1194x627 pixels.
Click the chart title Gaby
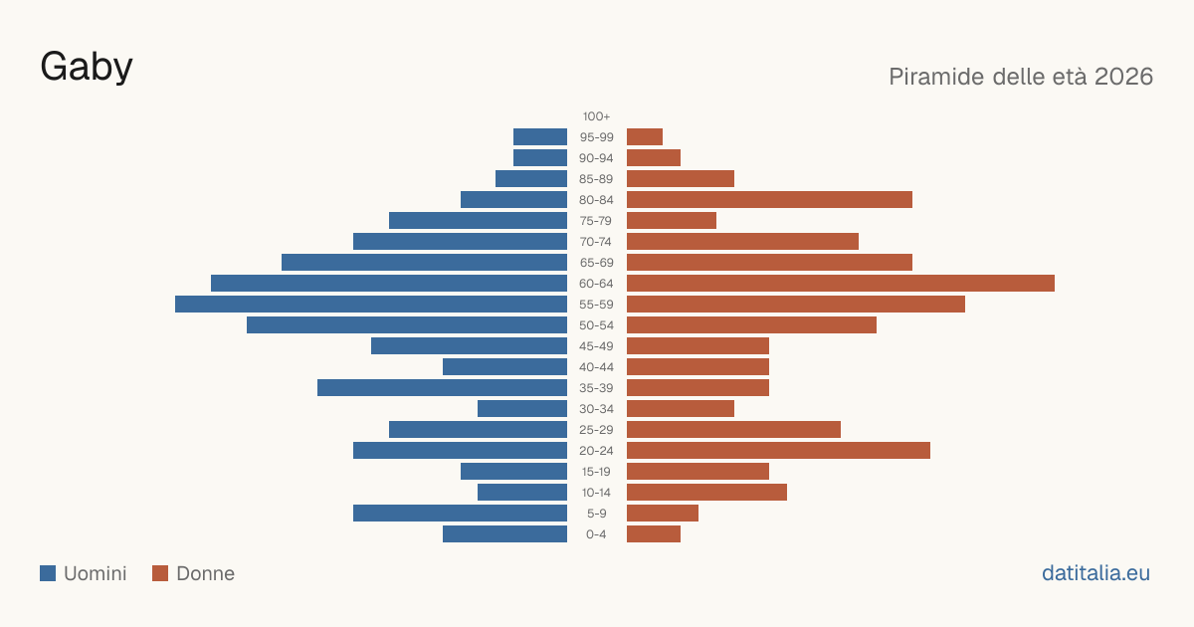87,68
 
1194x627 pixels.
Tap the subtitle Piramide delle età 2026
1021,77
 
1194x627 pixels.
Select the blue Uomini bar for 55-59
371,304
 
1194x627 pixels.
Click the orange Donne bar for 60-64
841,283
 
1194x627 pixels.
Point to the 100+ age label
596,116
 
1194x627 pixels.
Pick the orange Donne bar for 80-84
769,199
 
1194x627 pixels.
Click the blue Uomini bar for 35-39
443,387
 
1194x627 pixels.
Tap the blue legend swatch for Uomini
48,573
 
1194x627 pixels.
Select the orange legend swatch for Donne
160,573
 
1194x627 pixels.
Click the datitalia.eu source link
1095,573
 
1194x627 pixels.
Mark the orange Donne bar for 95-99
645,137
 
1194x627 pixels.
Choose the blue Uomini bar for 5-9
460,513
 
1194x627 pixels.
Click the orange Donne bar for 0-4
654,533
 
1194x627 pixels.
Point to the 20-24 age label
596,451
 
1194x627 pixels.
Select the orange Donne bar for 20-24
778,451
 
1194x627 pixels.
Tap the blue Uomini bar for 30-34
522,408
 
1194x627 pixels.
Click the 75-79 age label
596,221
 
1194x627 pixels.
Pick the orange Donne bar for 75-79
672,220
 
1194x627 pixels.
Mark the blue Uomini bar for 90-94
540,158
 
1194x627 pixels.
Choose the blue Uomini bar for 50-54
407,324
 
